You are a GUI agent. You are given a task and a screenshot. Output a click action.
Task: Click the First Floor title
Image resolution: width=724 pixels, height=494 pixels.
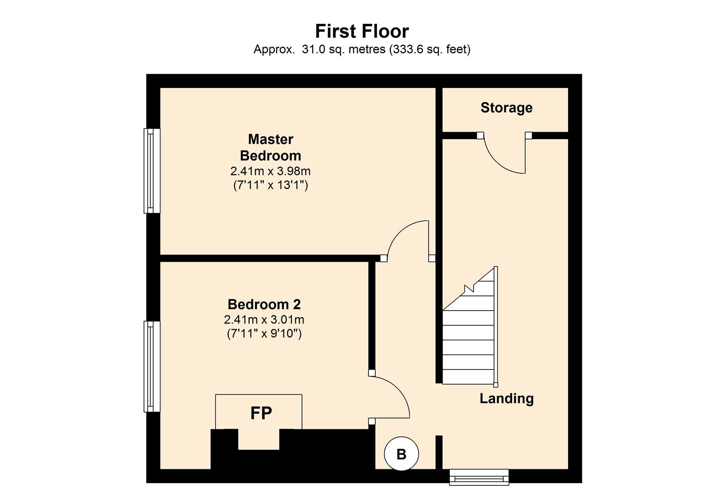(362, 31)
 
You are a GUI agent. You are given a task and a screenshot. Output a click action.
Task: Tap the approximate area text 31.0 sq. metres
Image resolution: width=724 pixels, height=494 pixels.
(344, 49)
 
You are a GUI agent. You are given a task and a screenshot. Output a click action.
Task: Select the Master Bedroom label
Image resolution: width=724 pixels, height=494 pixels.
(271, 148)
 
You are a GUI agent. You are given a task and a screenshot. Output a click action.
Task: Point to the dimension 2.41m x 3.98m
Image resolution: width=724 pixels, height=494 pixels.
(271, 171)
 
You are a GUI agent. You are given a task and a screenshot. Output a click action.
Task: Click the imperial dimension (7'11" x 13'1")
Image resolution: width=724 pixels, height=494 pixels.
(271, 185)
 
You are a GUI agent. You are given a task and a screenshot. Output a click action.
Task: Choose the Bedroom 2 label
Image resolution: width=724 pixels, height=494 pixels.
(264, 305)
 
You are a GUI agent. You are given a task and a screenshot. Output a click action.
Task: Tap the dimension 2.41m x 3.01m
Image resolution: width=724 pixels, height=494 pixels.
(264, 320)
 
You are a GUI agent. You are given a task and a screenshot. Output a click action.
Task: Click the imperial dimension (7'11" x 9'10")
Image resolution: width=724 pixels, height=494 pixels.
(264, 333)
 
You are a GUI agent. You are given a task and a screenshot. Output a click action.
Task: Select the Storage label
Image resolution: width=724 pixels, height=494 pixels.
(506, 108)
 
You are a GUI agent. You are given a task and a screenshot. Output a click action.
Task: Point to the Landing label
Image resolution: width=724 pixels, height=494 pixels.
(506, 398)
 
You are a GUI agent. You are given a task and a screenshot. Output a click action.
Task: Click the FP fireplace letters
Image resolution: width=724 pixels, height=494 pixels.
(261, 413)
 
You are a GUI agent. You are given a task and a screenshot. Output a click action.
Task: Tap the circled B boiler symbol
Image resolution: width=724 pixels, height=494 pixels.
(401, 454)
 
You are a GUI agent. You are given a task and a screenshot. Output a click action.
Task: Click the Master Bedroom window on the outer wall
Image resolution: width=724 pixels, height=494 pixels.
(152, 171)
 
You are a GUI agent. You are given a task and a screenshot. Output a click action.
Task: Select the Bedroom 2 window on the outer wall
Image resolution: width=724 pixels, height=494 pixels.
(152, 366)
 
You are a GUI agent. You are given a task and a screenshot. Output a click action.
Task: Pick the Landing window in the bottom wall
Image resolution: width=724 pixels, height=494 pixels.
(479, 477)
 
